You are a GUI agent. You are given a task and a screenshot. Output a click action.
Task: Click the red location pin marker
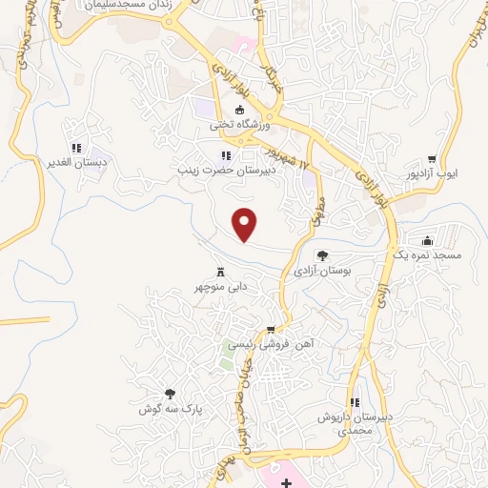point(246,223)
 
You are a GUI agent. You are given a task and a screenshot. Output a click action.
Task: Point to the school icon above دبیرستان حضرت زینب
point(225,155)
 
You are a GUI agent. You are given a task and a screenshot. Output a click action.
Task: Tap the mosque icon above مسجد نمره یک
point(426,240)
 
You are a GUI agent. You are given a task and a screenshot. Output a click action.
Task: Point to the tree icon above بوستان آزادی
point(322,255)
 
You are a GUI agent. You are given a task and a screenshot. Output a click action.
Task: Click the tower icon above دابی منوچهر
point(220,271)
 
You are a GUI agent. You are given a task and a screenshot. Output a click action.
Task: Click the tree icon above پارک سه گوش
point(170,394)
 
